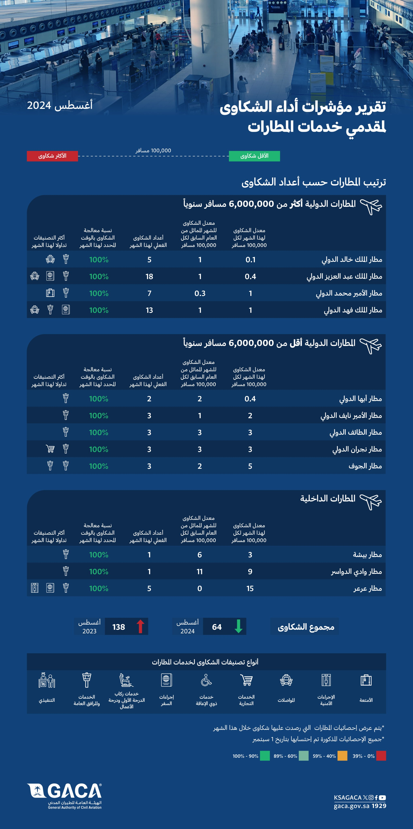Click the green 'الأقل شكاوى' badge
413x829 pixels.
pyautogui.click(x=254, y=156)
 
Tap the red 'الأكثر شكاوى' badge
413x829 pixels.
pyautogui.click(x=52, y=156)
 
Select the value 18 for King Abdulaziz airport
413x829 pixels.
pyautogui.click(x=149, y=276)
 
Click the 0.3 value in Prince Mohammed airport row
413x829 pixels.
pyautogui.click(x=200, y=293)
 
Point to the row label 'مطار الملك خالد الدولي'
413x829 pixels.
pyautogui.click(x=352, y=259)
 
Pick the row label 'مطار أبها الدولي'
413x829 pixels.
pyautogui.click(x=361, y=399)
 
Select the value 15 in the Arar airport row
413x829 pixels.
pyautogui.click(x=250, y=588)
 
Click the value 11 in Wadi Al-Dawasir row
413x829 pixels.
pyautogui.click(x=200, y=572)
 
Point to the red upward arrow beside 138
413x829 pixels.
pyautogui.click(x=140, y=626)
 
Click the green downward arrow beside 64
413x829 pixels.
pyautogui.click(x=238, y=626)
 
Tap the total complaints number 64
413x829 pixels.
pyautogui.click(x=217, y=627)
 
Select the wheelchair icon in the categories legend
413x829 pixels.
pyautogui.click(x=206, y=680)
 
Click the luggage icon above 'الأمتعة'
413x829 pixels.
pyautogui.click(x=366, y=680)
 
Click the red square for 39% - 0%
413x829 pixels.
pyautogui.click(x=381, y=756)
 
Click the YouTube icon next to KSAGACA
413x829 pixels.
pyautogui.click(x=382, y=797)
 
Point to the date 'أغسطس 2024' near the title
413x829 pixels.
pyautogui.click(x=60, y=105)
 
